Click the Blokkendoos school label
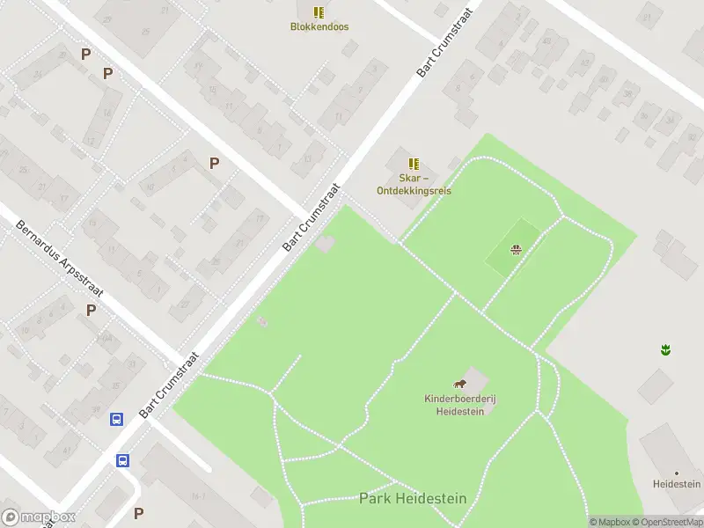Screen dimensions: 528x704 (x=319, y=26)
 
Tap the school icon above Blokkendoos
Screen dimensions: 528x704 (x=319, y=12)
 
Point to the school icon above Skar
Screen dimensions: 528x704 (x=413, y=164)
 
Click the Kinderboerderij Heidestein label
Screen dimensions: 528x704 (x=460, y=405)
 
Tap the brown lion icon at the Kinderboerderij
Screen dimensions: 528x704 (x=459, y=384)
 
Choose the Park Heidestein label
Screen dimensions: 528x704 (x=413, y=499)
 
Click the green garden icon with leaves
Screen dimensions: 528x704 (x=666, y=350)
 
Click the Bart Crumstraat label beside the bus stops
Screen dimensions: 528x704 (x=170, y=385)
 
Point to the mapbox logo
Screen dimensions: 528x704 (x=39, y=517)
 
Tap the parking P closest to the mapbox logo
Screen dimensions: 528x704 (x=138, y=512)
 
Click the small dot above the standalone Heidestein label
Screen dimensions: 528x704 (x=677, y=473)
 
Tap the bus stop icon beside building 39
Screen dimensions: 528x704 (x=115, y=420)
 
